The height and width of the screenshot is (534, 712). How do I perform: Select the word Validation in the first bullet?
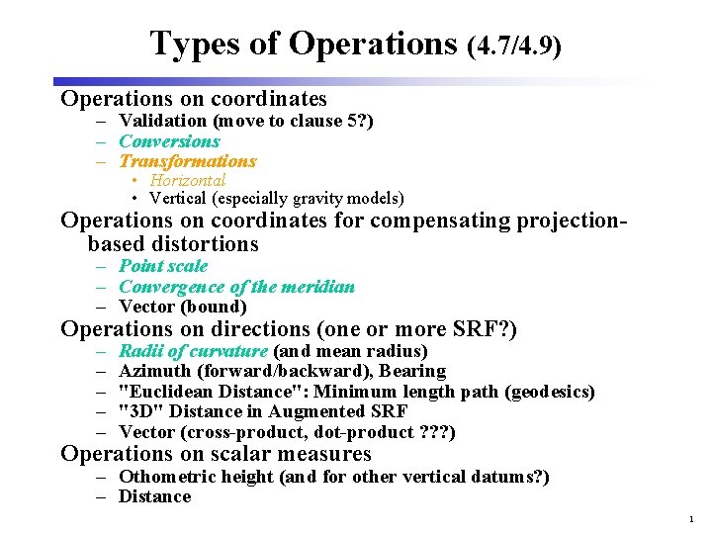pyautogui.click(x=163, y=122)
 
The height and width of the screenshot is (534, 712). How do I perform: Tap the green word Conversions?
pyautogui.click(x=169, y=141)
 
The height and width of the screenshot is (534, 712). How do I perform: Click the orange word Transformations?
pyautogui.click(x=187, y=161)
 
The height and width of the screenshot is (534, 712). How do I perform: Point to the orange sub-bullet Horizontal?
pyautogui.click(x=187, y=180)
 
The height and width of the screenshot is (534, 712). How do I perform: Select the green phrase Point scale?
pyautogui.click(x=163, y=266)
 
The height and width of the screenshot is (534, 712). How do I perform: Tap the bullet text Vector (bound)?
pyautogui.click(x=182, y=307)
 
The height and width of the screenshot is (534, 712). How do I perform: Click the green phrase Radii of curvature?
pyautogui.click(x=193, y=351)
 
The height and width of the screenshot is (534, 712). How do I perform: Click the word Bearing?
pyautogui.click(x=412, y=371)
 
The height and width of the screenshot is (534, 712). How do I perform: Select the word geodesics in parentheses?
pyautogui.click(x=549, y=392)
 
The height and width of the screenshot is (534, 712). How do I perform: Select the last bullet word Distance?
pyautogui.click(x=154, y=496)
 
